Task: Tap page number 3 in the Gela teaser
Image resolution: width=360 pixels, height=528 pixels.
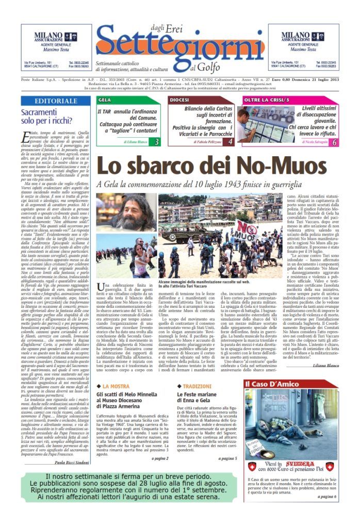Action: point(156,142)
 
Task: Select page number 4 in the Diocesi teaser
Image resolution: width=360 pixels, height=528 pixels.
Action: point(230,142)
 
